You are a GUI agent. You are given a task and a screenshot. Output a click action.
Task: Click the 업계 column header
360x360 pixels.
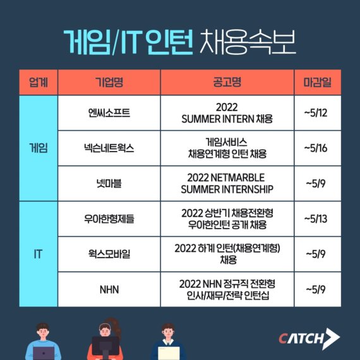(38, 82)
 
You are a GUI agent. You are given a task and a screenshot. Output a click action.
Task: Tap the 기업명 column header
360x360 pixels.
(109, 82)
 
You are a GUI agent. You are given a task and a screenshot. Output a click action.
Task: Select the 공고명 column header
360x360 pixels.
(227, 82)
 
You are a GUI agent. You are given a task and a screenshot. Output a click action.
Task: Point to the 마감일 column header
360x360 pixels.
(318, 82)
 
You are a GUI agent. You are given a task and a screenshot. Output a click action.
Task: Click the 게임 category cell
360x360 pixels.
(38, 148)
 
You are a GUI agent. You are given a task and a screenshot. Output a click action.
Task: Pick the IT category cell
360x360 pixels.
(38, 255)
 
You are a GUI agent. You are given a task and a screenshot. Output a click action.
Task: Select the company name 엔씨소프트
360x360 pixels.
(109, 113)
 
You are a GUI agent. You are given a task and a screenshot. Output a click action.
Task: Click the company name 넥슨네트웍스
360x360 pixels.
(109, 148)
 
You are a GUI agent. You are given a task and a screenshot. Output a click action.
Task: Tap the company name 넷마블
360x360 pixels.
(109, 184)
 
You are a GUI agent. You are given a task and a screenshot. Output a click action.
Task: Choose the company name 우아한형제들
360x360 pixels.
(109, 219)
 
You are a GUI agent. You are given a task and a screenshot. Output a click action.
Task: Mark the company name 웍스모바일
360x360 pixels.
(109, 255)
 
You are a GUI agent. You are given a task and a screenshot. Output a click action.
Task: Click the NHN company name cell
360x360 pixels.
(109, 290)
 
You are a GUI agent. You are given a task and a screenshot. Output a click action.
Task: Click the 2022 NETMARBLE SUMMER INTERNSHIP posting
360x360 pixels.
(227, 183)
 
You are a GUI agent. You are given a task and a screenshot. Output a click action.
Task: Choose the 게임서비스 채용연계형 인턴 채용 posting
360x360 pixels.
(227, 148)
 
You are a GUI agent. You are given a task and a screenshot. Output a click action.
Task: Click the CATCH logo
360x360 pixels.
(309, 338)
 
